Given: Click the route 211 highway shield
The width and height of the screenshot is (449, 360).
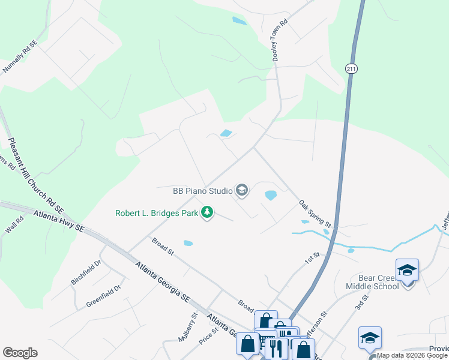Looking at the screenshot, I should (x=351, y=69).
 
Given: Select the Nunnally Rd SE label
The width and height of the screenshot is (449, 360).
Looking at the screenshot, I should (x=20, y=57).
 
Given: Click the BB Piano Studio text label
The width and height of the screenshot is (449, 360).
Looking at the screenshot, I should (x=203, y=191).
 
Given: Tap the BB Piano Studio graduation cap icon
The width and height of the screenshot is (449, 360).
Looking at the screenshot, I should (x=242, y=191).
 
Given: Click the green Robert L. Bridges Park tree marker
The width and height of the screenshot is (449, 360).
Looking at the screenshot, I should (x=207, y=212).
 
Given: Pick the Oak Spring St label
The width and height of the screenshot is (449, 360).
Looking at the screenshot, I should (x=315, y=214).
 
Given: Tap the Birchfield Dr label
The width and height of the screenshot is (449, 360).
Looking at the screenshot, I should (x=86, y=273).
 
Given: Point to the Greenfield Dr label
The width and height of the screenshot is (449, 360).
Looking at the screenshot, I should (x=103, y=295).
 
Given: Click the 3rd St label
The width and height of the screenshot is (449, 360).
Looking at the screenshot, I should (x=360, y=302).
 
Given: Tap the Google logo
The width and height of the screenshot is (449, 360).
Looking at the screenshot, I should (x=20, y=353).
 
